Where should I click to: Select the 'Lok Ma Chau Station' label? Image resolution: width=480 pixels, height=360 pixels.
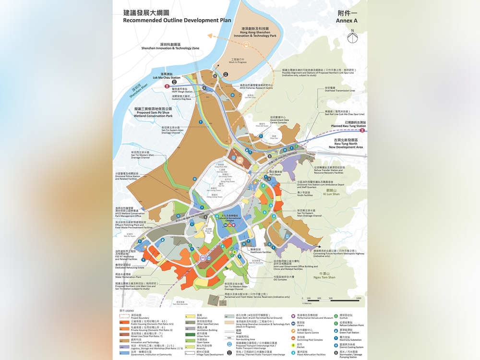(167, 78)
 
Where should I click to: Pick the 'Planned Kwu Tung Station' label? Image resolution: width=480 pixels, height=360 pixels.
(348, 126)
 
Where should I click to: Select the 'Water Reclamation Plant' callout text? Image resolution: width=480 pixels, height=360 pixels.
(128, 276)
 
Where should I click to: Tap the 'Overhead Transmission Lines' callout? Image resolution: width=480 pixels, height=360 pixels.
(339, 91)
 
